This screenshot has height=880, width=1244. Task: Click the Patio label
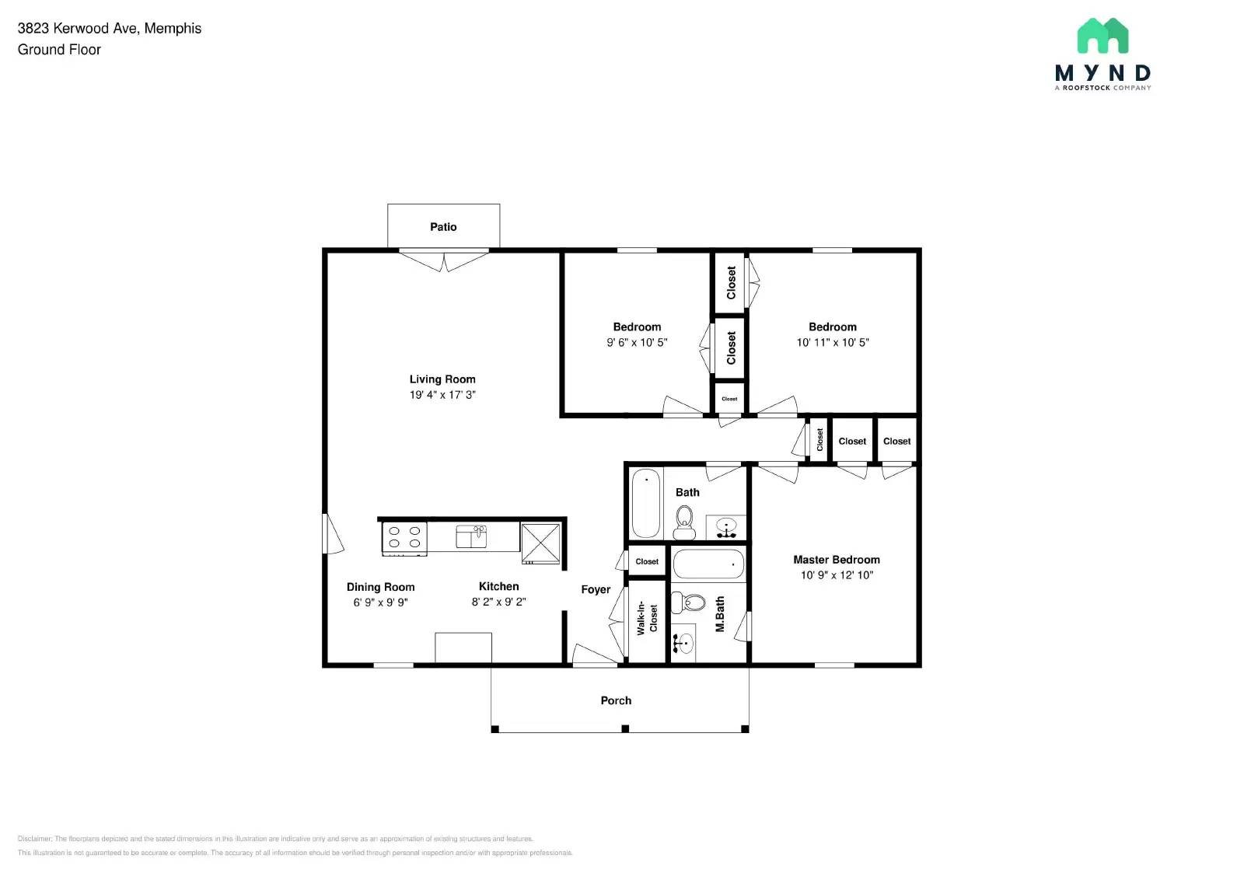[x=443, y=227]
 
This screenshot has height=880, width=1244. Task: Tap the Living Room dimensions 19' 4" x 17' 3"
[x=442, y=395]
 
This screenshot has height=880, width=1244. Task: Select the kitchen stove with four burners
[x=404, y=537]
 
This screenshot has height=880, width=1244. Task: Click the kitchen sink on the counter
[x=471, y=536]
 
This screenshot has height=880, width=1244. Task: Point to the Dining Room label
[x=380, y=587]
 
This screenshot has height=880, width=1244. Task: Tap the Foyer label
[x=596, y=589]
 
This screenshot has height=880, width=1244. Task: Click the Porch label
[x=616, y=700]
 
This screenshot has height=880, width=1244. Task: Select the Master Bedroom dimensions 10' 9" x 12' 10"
[x=837, y=575]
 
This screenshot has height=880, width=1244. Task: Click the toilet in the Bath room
[x=684, y=522]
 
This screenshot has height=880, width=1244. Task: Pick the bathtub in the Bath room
[x=645, y=503]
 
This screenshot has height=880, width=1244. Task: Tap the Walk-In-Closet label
[x=647, y=619]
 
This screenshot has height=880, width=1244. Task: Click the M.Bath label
[x=720, y=614]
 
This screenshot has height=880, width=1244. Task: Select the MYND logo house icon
[x=1102, y=36]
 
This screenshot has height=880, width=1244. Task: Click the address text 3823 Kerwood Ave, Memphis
[x=110, y=28]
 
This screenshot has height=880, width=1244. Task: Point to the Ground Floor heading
[x=59, y=50]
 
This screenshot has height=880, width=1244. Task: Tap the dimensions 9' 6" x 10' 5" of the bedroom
[x=637, y=342]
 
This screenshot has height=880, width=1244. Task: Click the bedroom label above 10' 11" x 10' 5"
[x=832, y=327]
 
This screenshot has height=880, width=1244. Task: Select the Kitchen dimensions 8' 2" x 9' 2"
[x=498, y=602]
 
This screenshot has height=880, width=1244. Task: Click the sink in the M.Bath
[x=683, y=643]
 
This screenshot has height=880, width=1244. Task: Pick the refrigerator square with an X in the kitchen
[x=540, y=542]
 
